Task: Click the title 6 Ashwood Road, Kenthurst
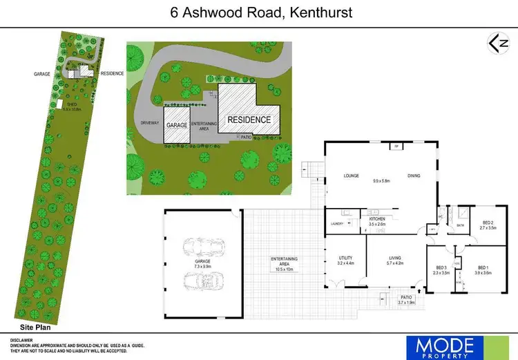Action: tap(258, 13)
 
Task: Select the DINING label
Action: tap(414, 176)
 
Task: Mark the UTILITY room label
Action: tap(345, 258)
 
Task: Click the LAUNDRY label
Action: tap(337, 223)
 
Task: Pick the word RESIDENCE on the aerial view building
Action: tap(249, 120)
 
